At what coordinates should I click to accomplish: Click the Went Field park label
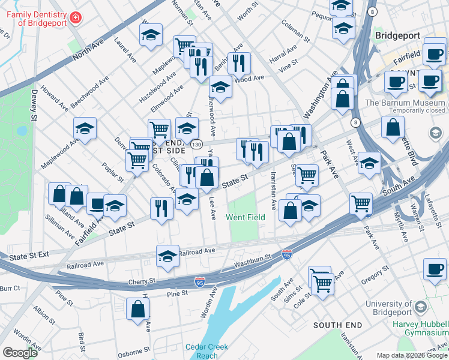coord(245,217)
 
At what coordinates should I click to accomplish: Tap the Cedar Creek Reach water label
coord(206,351)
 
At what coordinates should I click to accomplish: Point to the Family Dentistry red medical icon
coord(76,18)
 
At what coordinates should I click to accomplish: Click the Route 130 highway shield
coord(196,145)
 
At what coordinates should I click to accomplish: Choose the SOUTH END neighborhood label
coord(338,325)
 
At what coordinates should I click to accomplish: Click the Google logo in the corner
coord(20,353)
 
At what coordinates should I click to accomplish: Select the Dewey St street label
coord(34,106)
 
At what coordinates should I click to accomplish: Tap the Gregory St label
coord(376,280)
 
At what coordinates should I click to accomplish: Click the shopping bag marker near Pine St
coord(138,309)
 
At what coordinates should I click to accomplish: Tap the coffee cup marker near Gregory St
coord(435,269)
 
